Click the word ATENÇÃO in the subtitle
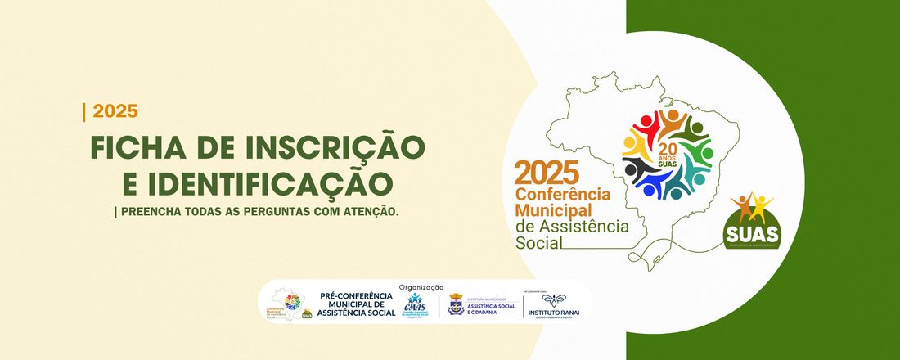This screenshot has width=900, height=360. [370, 211]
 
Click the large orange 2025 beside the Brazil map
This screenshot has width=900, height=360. [547, 173]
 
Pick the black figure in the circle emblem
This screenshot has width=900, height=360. [641, 170]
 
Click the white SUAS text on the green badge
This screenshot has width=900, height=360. [752, 232]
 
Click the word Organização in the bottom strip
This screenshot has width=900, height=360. [421, 287]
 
